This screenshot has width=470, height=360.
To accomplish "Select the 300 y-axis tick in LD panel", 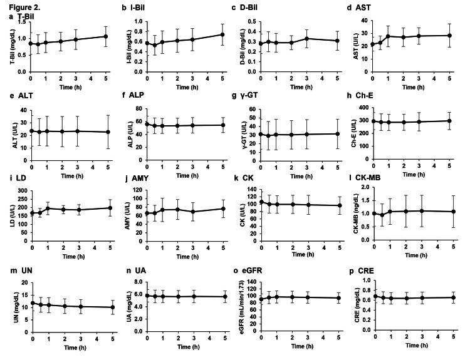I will pos(22,190).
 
